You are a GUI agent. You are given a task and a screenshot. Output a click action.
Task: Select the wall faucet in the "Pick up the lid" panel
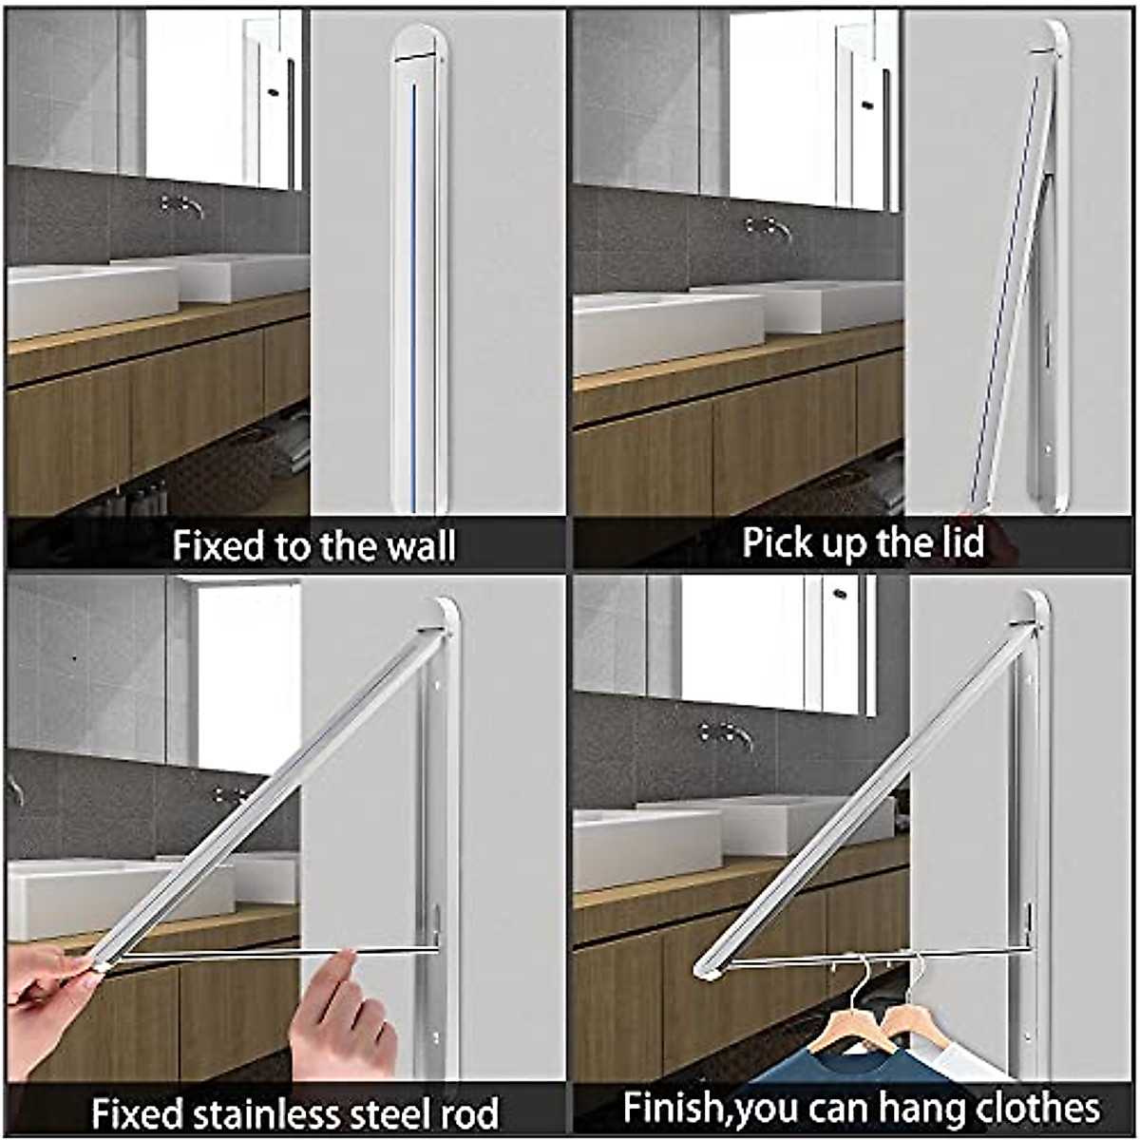click(x=769, y=228)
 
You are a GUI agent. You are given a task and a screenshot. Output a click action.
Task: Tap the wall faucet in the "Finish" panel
click(x=726, y=733)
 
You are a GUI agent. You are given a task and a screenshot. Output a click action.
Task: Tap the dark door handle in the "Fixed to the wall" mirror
click(x=273, y=92)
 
